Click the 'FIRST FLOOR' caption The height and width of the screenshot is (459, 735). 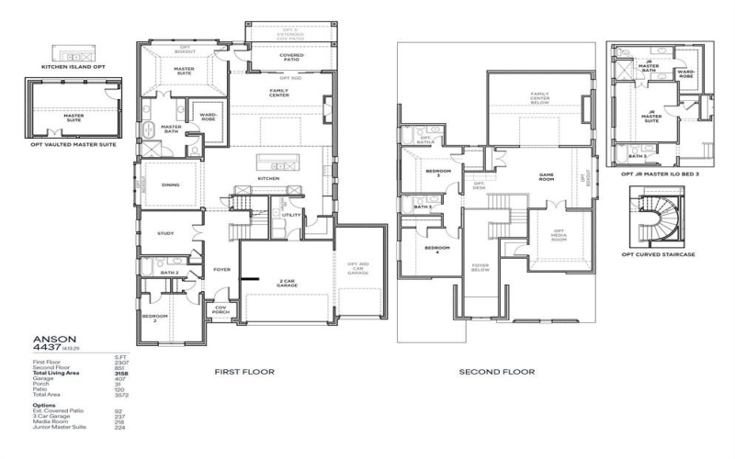[241, 373]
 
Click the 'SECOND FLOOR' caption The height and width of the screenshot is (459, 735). [496, 373]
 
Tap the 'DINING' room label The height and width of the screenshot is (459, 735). [170, 185]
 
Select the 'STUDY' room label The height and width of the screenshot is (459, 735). [165, 233]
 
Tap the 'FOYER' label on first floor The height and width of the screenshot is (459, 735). [221, 270]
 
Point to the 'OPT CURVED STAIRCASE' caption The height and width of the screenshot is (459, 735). [661, 253]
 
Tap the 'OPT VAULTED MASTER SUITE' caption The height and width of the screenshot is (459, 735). [73, 144]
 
